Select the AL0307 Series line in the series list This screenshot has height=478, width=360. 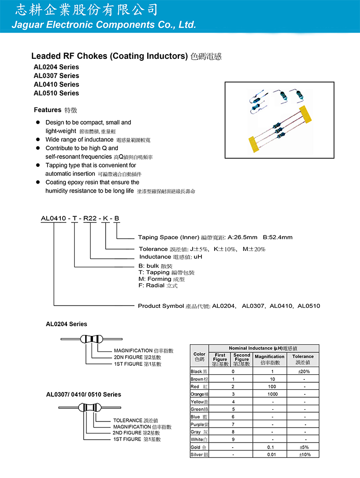57,76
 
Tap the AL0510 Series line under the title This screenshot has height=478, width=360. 57,93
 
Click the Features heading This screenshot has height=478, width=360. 48,110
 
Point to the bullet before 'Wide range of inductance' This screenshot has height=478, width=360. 38,140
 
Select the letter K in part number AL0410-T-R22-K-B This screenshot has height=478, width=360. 106,218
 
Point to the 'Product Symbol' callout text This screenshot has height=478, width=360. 161,306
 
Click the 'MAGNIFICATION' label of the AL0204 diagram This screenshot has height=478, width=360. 133,350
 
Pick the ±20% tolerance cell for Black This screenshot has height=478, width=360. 303,371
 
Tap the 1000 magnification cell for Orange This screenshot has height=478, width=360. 270,394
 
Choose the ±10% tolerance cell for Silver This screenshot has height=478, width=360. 303,455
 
